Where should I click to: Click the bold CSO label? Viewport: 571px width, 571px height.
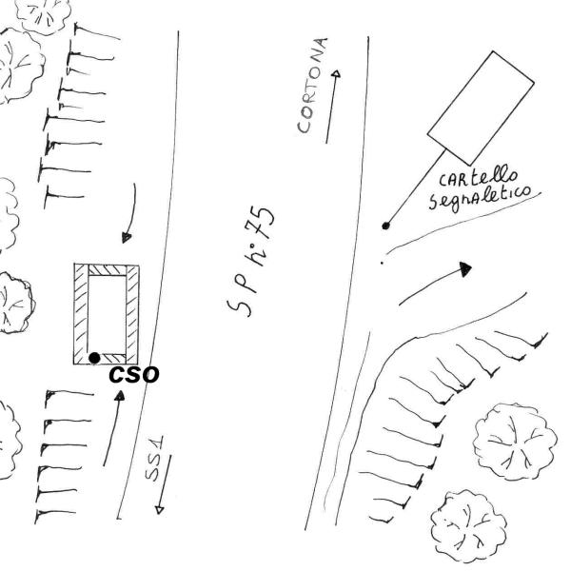134,375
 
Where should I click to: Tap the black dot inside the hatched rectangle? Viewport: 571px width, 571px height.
94,358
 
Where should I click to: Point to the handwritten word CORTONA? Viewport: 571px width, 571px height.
312,85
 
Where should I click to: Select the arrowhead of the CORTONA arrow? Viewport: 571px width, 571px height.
337,73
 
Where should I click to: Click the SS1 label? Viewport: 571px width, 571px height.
154,459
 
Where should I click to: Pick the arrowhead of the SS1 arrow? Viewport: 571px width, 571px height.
160,510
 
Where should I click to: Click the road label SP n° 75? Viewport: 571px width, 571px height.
251,261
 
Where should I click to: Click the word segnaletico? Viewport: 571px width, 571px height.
480,197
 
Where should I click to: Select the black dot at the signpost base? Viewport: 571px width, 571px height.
385,226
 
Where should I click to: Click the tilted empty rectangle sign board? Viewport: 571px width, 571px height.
481,108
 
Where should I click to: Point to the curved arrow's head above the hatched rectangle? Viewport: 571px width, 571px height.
127,237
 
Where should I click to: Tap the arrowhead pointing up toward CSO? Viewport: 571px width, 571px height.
120,396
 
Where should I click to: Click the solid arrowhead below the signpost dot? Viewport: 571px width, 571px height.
465,269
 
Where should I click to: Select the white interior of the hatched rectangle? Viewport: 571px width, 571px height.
107,314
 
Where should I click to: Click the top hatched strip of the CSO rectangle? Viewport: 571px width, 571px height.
107,270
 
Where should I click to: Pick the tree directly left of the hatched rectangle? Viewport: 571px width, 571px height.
14,303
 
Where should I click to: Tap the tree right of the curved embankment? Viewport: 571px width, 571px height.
515,442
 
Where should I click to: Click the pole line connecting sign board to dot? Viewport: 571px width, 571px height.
416,187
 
